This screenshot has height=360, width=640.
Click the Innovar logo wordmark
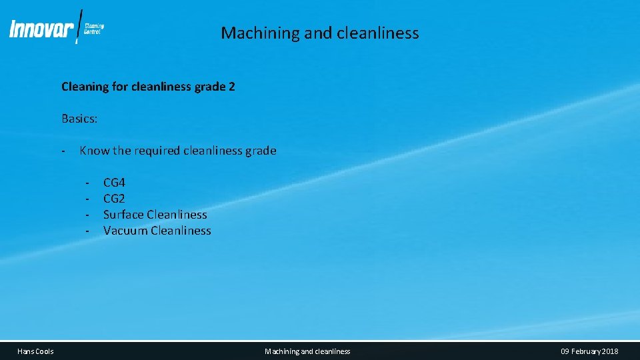click(x=41, y=30)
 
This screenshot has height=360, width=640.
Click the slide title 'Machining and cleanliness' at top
click(x=320, y=33)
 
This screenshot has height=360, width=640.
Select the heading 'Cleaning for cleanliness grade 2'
click(x=148, y=87)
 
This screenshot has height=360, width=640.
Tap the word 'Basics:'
click(x=79, y=119)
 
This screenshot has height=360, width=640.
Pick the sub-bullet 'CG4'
click(x=114, y=183)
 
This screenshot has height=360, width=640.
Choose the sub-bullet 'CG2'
click(x=114, y=199)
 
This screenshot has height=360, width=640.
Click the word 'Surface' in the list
click(x=123, y=215)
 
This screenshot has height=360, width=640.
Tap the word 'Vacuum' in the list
click(x=125, y=231)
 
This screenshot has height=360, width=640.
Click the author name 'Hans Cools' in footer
click(x=35, y=351)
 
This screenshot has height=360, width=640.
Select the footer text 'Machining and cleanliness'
click(x=307, y=351)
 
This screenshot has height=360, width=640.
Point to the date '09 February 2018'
click(x=589, y=351)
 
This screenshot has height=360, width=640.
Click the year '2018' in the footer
click(x=609, y=351)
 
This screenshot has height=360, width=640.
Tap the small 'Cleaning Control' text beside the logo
click(x=94, y=29)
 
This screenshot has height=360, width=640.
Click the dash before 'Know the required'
click(x=62, y=151)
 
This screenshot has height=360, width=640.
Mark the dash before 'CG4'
click(x=87, y=183)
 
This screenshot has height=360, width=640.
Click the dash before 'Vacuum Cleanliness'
click(x=87, y=231)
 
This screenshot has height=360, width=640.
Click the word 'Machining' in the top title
click(x=252, y=33)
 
